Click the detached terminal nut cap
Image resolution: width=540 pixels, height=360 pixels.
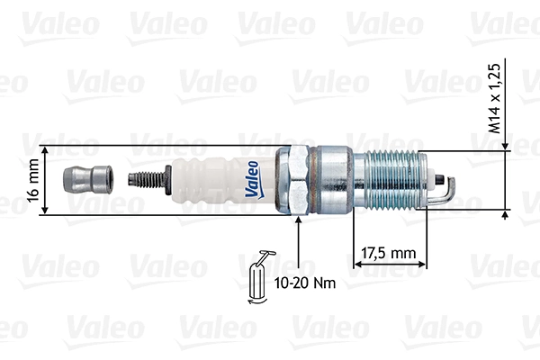86,180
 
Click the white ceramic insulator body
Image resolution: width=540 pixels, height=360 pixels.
211,180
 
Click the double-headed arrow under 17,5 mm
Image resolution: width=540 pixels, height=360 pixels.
388,264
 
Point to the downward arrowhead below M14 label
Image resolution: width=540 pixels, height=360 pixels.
505,144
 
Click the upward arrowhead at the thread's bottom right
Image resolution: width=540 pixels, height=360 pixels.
505,215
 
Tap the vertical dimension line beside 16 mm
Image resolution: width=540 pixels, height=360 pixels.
43,180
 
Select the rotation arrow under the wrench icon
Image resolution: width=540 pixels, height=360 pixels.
259,301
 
